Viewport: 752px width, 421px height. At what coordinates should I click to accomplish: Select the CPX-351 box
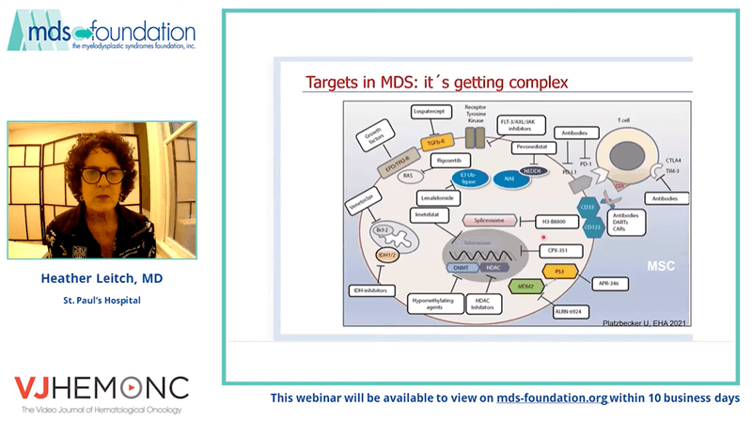tap(559, 252)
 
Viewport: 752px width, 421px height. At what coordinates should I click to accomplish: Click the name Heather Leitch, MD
tap(102, 279)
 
